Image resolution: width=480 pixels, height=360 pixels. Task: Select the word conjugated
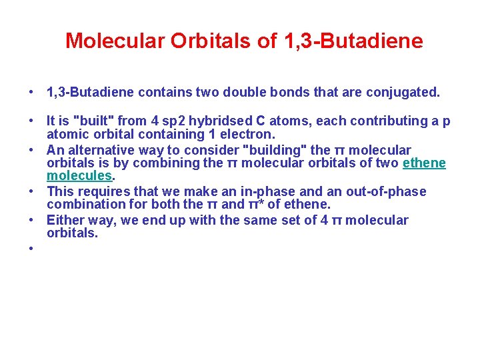[x=406, y=92]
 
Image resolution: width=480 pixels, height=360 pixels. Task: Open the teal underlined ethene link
[x=424, y=163]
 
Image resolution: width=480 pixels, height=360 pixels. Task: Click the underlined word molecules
[x=79, y=175]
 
